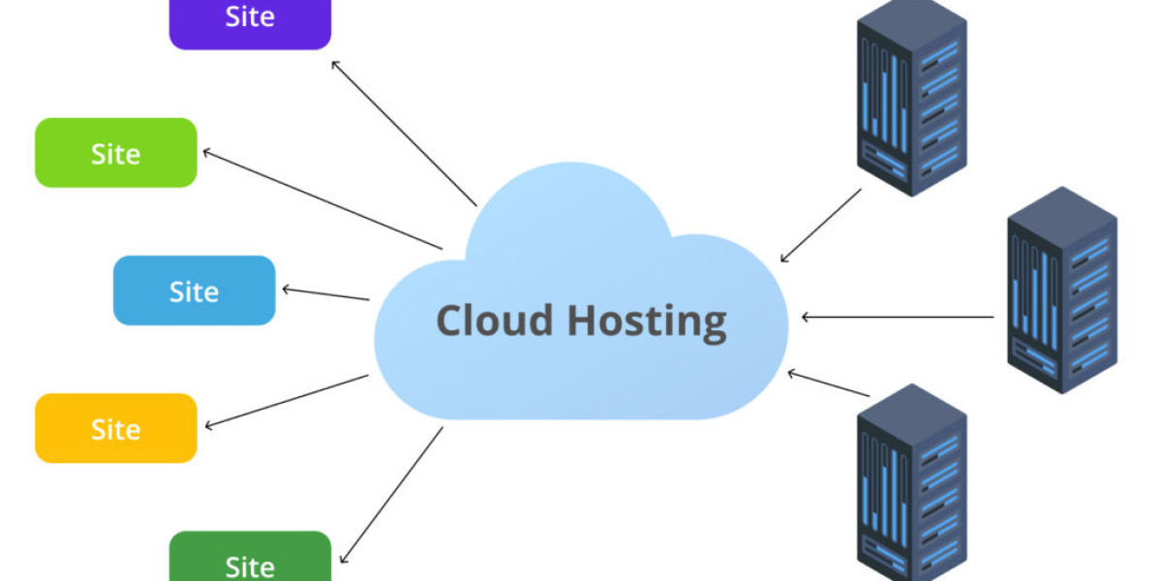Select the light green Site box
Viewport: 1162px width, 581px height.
click(115, 153)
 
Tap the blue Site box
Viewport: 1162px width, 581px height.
click(194, 290)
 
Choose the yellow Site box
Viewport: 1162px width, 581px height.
click(115, 428)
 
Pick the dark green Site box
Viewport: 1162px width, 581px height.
click(250, 560)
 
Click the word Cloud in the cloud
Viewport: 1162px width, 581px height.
click(494, 320)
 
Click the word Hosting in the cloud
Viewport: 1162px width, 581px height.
click(646, 321)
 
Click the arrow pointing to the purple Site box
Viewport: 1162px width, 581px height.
click(404, 133)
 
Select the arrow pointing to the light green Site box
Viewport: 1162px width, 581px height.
click(322, 199)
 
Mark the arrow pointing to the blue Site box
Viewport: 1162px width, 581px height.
click(325, 293)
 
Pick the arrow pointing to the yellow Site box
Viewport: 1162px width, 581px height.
click(287, 401)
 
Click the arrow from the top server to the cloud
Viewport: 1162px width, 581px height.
click(821, 225)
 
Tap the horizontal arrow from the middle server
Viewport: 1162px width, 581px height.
click(898, 317)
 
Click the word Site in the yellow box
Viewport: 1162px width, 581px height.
click(115, 428)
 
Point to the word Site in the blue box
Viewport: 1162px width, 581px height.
click(194, 290)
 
